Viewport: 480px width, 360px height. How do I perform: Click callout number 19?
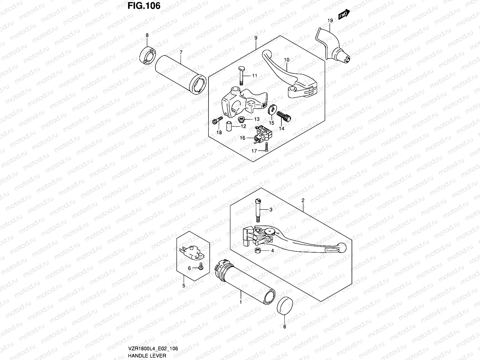click(330, 21)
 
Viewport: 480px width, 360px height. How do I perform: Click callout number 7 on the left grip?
click(181, 52)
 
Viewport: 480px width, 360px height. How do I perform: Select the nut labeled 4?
click(257, 250)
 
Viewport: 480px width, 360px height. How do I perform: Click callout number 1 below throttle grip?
click(241, 302)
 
